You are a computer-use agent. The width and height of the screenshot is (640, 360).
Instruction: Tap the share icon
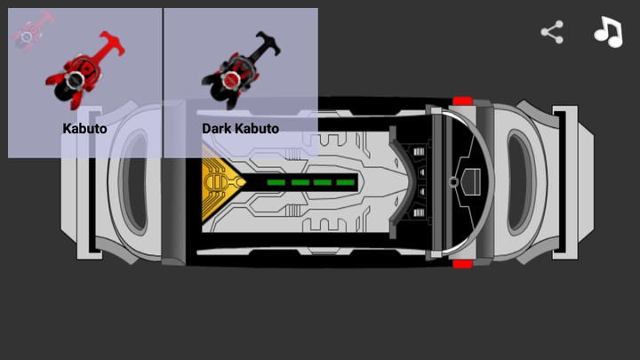[552, 33]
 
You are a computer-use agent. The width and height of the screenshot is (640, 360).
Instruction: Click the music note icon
[608, 32]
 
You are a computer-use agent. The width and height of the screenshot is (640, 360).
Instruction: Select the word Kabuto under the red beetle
[84, 128]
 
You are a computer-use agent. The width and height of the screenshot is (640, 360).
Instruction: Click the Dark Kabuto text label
[240, 128]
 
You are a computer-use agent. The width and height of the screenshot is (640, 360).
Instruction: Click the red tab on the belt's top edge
[462, 102]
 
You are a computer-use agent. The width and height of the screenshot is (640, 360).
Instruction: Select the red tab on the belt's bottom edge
[462, 262]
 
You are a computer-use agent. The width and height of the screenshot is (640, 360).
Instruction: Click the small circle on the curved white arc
[453, 182]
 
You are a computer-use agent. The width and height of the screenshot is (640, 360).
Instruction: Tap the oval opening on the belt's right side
[521, 182]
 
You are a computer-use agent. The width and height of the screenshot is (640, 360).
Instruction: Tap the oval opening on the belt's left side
[134, 182]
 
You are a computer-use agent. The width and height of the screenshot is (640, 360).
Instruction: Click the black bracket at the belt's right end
[564, 182]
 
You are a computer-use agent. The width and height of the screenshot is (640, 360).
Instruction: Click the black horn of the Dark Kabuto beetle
[267, 40]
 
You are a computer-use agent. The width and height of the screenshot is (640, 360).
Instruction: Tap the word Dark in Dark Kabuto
[218, 128]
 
